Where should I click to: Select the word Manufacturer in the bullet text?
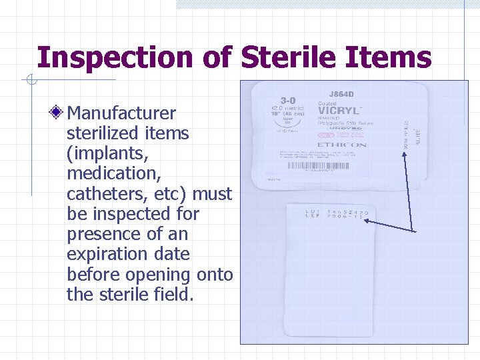(x=121, y=113)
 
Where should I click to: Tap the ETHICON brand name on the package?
(x=341, y=145)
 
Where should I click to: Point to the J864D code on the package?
(x=341, y=95)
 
